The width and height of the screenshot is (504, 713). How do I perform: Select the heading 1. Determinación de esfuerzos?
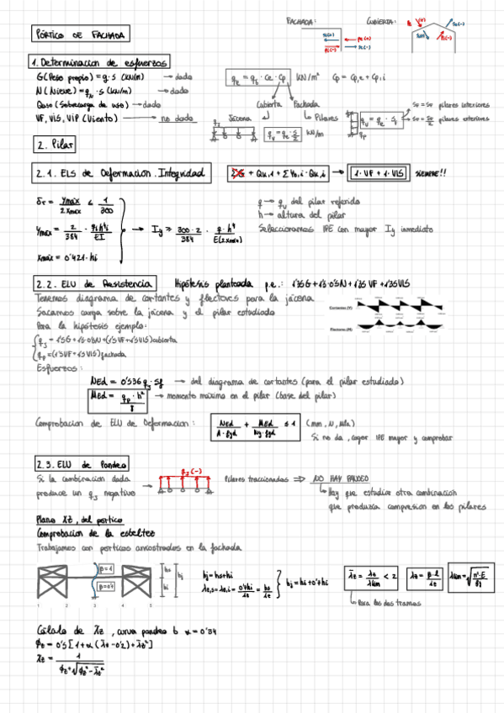click(99, 63)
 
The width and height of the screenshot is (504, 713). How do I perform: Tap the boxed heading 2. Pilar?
click(56, 145)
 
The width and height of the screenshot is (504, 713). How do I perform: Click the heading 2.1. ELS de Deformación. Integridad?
click(119, 174)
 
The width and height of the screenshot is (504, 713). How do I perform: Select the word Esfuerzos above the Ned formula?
click(56, 367)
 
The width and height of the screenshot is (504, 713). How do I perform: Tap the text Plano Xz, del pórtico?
click(70, 519)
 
